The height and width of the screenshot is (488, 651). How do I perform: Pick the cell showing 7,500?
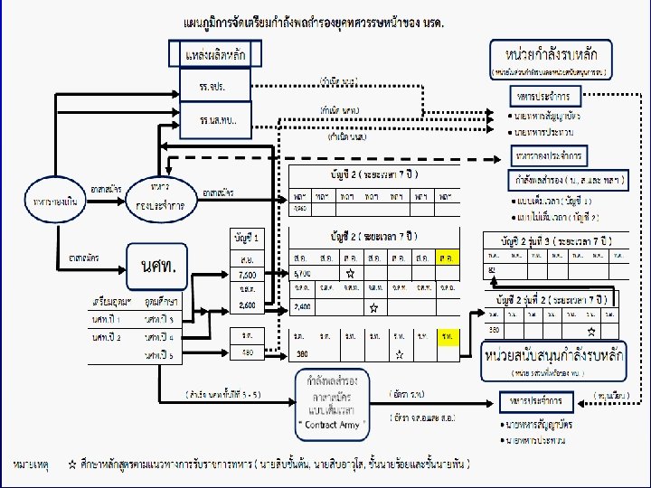click(247, 274)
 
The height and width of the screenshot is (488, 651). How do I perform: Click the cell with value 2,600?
click(247, 305)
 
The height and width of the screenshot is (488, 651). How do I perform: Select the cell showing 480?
click(247, 352)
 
